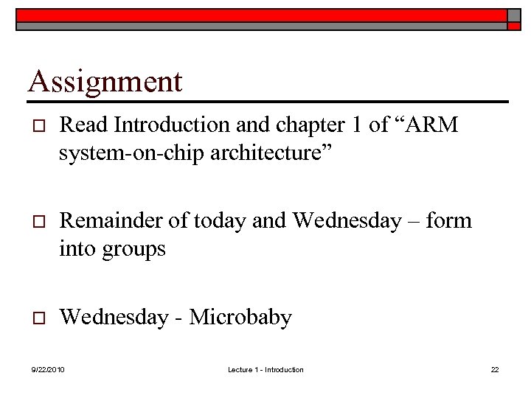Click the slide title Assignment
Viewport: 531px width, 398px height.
(x=105, y=81)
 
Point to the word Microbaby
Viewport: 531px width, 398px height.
(x=240, y=318)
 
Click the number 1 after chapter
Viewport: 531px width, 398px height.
(x=357, y=125)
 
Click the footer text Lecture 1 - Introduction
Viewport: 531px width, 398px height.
(x=265, y=370)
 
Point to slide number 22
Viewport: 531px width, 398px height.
(x=495, y=370)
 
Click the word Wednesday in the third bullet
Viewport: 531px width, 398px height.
(x=114, y=318)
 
